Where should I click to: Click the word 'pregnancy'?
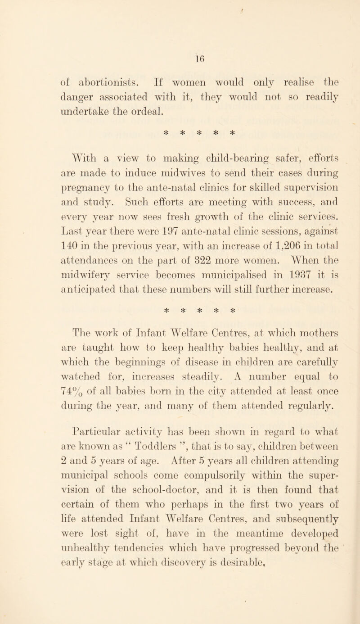click(71, 187)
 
